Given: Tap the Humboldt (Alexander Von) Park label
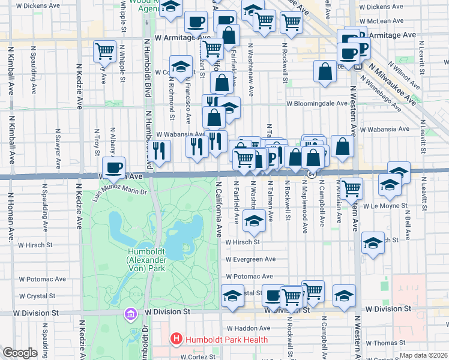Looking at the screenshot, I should tap(147, 259).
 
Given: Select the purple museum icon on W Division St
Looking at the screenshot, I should tap(130, 313).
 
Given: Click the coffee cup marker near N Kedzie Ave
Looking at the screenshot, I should tap(113, 168).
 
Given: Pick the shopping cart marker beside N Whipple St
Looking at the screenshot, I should tap(105, 51).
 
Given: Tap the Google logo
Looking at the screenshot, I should tap(20, 353).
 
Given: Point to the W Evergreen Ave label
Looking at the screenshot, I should tap(250, 260).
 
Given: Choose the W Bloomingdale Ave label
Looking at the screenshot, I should tap(316, 103).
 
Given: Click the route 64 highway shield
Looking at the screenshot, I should tap(312, 174).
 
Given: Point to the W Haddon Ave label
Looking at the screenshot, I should tap(250, 328).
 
